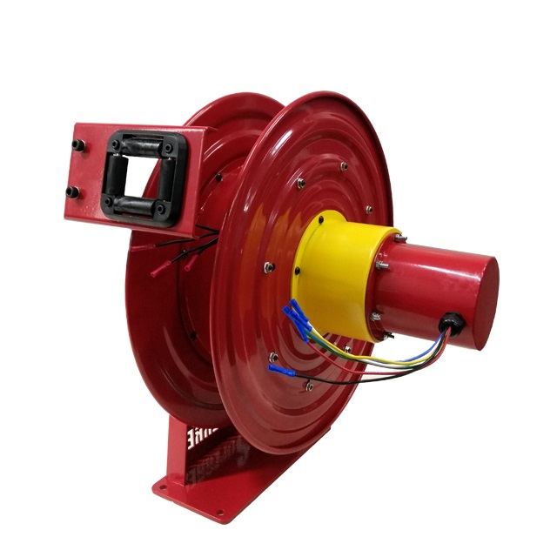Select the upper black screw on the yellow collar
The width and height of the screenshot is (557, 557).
[322, 221]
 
